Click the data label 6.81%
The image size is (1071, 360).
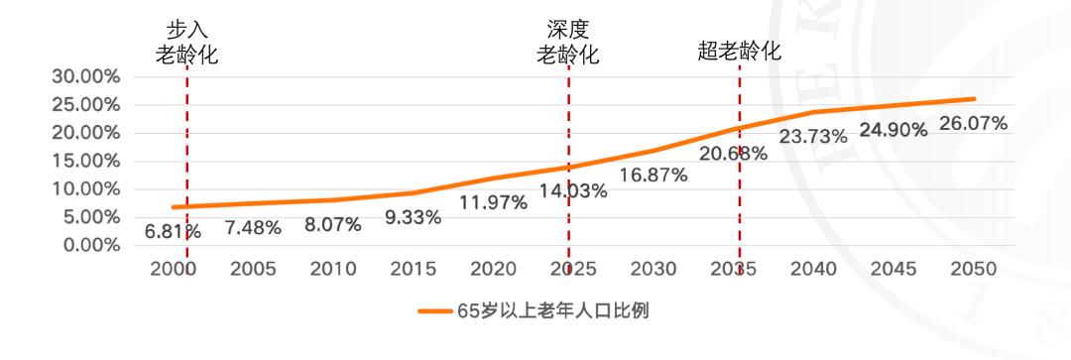click(173, 232)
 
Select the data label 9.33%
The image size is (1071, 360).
click(413, 217)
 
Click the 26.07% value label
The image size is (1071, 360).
click(974, 124)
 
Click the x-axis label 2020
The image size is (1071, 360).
click(493, 270)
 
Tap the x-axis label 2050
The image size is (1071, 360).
click(974, 270)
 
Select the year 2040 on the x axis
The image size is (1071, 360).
click(813, 270)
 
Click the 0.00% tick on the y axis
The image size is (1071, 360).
click(89, 245)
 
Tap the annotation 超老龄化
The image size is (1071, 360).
click(739, 53)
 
